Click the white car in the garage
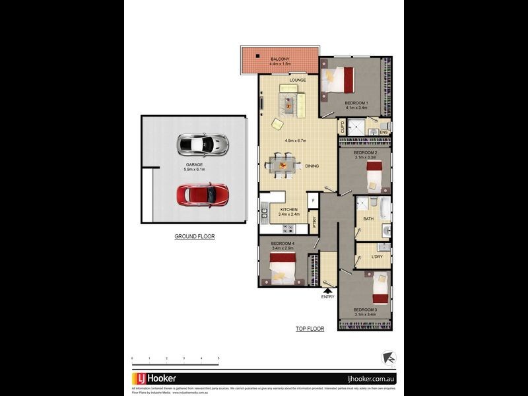click(203, 143)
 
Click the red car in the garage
click(203, 194)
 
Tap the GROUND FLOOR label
click(194, 236)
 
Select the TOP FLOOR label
click(310, 329)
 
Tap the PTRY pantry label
click(314, 222)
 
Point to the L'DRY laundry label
click(377, 257)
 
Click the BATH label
click(368, 219)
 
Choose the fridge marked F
click(313, 200)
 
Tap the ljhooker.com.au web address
click(370, 379)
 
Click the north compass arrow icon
click(389, 358)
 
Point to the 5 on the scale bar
click(218, 358)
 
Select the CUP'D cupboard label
click(342, 126)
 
